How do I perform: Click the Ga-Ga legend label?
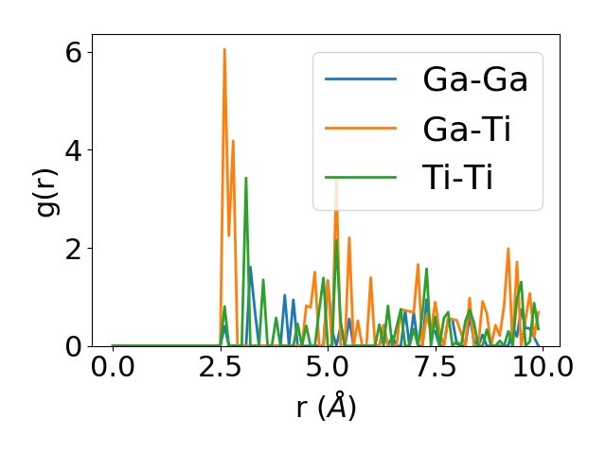tap(475, 79)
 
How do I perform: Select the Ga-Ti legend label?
tap(468, 129)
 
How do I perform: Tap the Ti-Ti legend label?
tap(457, 178)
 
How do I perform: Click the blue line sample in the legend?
tap(361, 79)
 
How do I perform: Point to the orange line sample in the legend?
tap(361, 129)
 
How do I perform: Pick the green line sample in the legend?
tap(361, 178)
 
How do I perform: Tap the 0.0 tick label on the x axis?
tap(113, 367)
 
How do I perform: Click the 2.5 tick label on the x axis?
tap(220, 367)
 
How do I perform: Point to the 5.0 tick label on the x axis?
tap(328, 367)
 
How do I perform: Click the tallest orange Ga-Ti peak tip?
tap(224, 49)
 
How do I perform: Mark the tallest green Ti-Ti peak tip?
tap(246, 178)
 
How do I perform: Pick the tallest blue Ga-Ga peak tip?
tap(251, 267)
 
